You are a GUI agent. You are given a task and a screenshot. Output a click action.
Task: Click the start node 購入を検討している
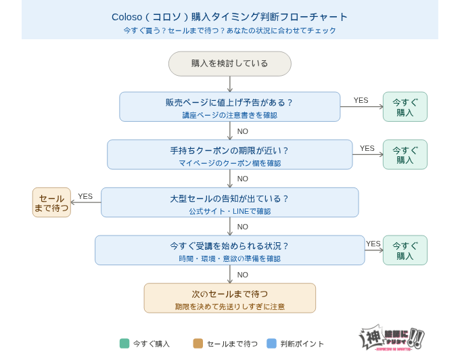(229, 64)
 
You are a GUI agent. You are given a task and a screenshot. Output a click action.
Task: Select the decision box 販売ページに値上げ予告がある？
(229, 107)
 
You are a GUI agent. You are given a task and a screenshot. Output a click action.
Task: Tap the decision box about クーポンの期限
(229, 154)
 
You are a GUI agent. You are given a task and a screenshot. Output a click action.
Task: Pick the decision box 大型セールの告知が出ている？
(229, 202)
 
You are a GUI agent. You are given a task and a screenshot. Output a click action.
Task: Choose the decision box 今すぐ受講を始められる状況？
(229, 250)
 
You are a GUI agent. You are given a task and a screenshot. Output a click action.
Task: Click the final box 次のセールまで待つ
(229, 298)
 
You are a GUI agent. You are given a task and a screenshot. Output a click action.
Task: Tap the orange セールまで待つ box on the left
(51, 202)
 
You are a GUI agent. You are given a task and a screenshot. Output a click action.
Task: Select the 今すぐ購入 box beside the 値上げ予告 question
(405, 107)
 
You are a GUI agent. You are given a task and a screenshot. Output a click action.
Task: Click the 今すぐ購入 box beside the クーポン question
(405, 154)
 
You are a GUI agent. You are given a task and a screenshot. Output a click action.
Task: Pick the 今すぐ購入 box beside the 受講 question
(405, 250)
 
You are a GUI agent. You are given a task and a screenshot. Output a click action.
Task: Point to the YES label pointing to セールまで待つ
(85, 196)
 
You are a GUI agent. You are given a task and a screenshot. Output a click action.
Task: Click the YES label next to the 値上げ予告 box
(361, 100)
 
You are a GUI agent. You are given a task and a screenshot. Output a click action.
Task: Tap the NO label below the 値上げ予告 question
(242, 131)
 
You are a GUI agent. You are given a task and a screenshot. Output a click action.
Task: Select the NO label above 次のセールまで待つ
(242, 275)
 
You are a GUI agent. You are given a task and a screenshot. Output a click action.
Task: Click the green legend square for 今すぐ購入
(124, 343)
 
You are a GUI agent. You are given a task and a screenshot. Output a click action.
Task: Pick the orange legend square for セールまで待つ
(198, 343)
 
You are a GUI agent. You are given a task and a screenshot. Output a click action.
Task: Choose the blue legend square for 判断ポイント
(271, 343)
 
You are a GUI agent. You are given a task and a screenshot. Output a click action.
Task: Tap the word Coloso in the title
(127, 17)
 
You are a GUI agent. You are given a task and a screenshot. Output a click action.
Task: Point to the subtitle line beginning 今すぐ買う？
(229, 30)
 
